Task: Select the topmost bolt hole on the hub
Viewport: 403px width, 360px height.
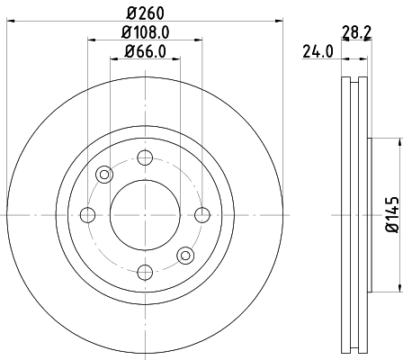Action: point(145,158)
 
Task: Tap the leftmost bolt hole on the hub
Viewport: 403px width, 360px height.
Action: point(88,214)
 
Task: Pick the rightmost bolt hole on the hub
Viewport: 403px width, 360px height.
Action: point(201,214)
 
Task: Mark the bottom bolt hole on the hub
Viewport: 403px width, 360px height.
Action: point(145,270)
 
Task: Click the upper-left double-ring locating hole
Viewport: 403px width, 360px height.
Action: point(104,175)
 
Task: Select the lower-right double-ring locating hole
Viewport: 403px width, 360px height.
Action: point(185,255)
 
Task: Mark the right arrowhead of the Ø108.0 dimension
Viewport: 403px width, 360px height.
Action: point(199,39)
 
